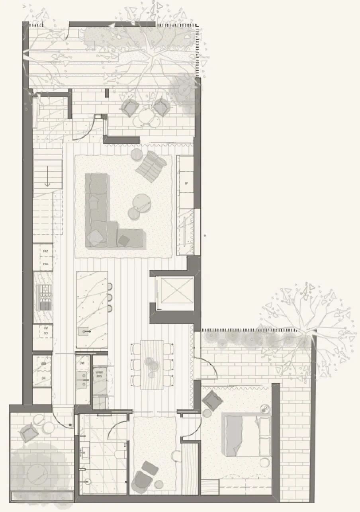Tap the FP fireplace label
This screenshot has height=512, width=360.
pos(186,184)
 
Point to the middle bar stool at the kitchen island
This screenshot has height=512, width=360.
pos(110,297)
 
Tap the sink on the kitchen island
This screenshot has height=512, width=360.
pos(85,331)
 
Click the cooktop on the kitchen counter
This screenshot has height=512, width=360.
pos(43,298)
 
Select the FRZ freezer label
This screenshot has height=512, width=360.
pos(45,251)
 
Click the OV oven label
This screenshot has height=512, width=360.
pos(45,328)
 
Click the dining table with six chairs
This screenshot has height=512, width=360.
pos(152,364)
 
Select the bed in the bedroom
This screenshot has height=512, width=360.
pos(243,436)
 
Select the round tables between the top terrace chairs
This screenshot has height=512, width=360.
pos(145,118)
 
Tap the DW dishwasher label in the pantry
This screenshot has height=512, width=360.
pos(82,363)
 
